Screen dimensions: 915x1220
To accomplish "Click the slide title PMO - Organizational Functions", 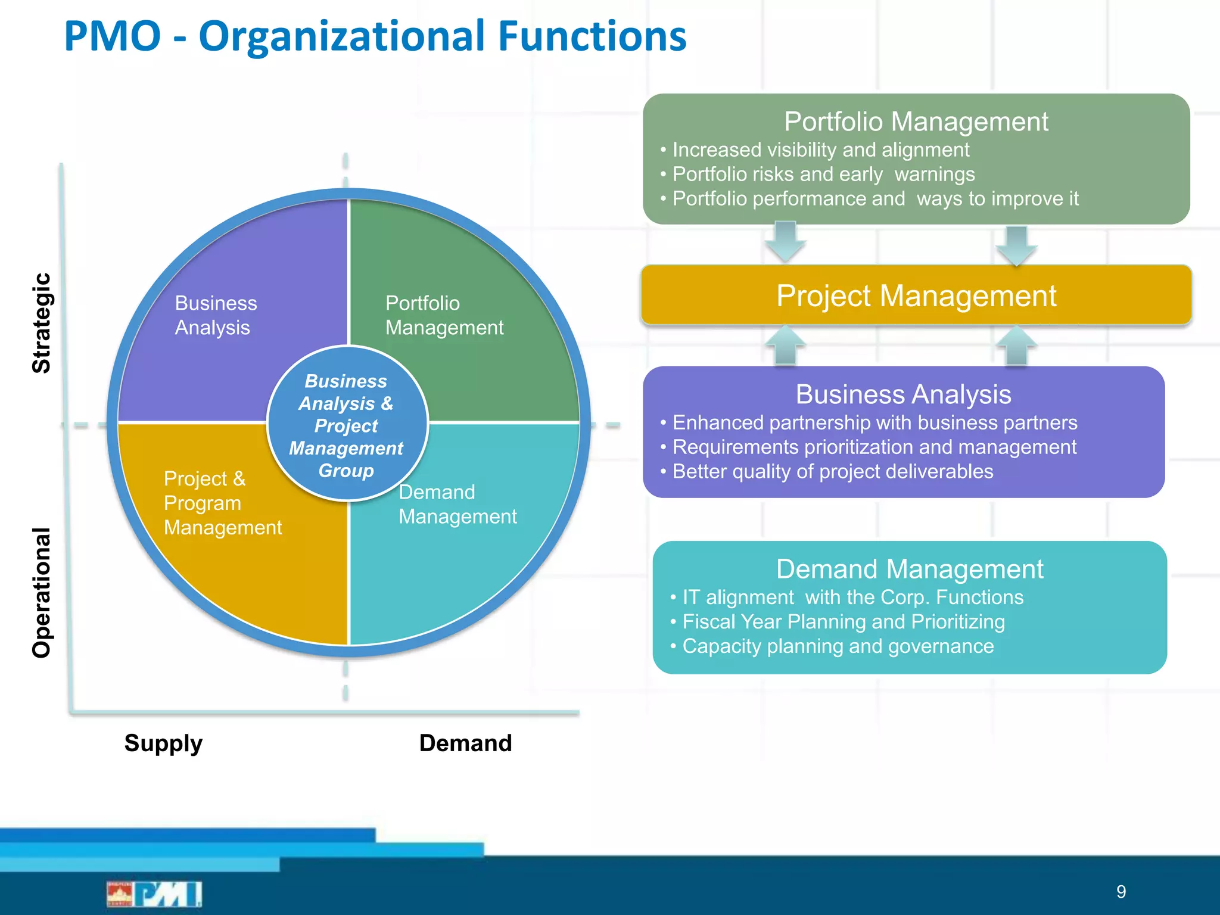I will pyautogui.click(x=375, y=36).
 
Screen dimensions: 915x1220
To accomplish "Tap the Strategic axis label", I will pyautogui.click(x=42, y=323).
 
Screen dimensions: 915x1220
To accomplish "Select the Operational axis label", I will pyautogui.click(x=42, y=593).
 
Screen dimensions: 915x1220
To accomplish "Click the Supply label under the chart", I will pyautogui.click(x=163, y=743).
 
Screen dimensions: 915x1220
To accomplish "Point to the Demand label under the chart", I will pyautogui.click(x=465, y=743).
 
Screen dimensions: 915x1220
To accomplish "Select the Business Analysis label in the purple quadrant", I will pyautogui.click(x=216, y=315).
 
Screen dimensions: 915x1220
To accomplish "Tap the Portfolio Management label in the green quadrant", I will pyautogui.click(x=444, y=315).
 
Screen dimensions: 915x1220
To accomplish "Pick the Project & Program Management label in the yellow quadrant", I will pyautogui.click(x=222, y=503).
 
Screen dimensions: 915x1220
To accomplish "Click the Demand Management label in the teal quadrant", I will pyautogui.click(x=457, y=504).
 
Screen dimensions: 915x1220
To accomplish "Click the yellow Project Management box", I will pyautogui.click(x=916, y=295).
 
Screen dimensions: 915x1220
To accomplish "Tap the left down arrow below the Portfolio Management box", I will pyautogui.click(x=785, y=241).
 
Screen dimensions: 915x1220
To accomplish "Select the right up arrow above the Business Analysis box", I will pyautogui.click(x=1016, y=346).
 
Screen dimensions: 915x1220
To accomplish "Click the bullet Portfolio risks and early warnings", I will pyautogui.click(x=823, y=174).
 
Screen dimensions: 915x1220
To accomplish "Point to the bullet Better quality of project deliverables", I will pyautogui.click(x=832, y=471).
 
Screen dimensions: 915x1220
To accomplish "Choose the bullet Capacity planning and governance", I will pyautogui.click(x=838, y=646).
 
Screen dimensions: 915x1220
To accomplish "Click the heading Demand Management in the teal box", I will pyautogui.click(x=909, y=569).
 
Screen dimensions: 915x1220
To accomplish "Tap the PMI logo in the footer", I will pyautogui.click(x=155, y=894).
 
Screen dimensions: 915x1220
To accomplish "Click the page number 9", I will pyautogui.click(x=1121, y=892).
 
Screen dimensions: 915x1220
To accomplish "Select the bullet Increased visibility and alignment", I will pyautogui.click(x=820, y=150).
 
